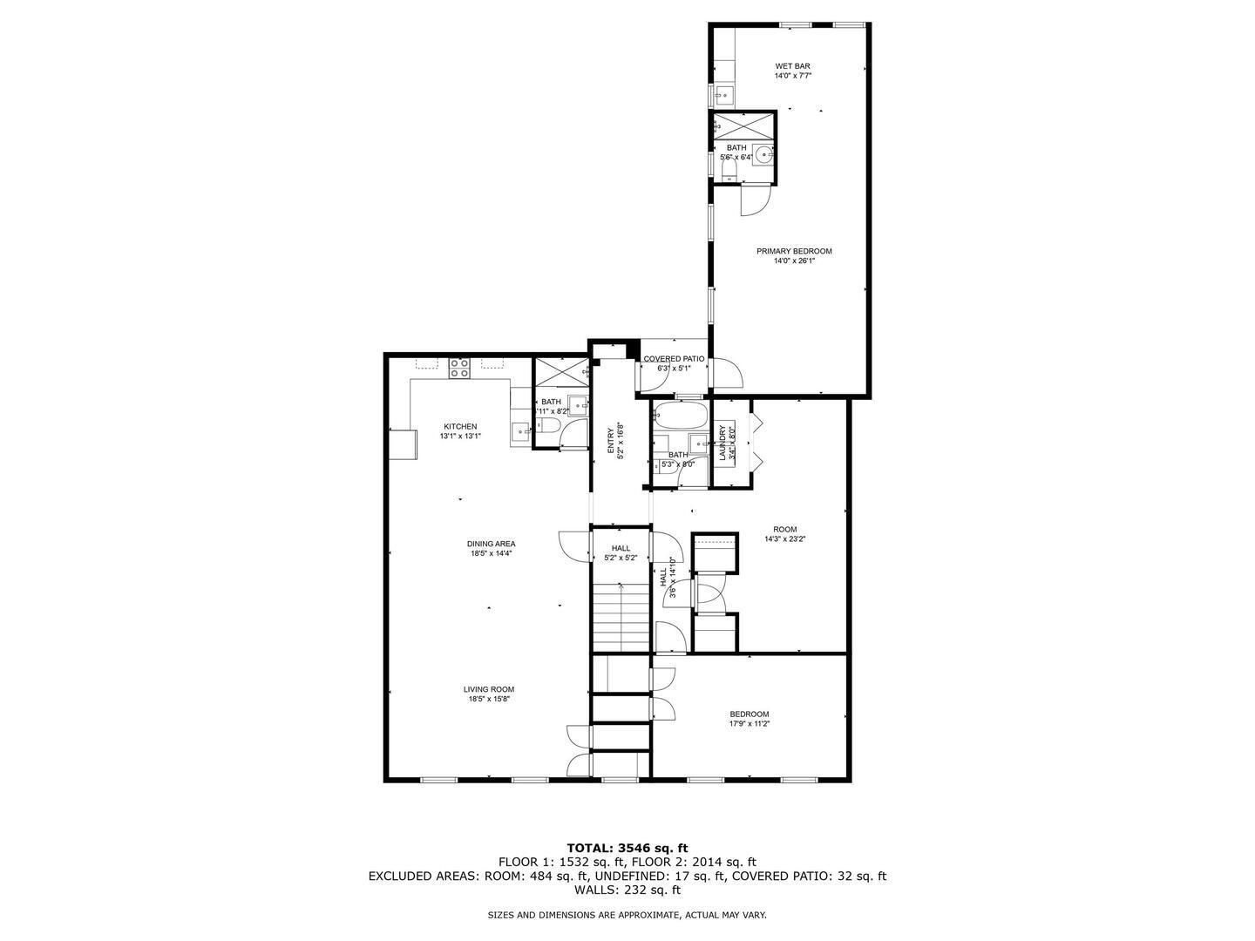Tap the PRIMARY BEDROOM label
pos(793,252)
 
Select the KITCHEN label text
pos(459,426)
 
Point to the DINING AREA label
pos(491,544)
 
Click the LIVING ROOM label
pos(488,689)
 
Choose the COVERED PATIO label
pos(673,359)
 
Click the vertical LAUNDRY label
pos(722,443)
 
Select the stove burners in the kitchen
pos(459,369)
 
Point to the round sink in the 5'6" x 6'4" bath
pos(763,155)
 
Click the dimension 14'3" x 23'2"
pos(784,539)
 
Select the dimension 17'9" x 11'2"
pos(749,723)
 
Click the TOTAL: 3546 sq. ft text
pos(627,847)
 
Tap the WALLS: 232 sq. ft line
pos(627,890)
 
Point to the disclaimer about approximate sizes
pos(627,915)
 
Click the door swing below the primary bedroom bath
pos(755,200)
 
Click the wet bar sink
pos(723,94)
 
